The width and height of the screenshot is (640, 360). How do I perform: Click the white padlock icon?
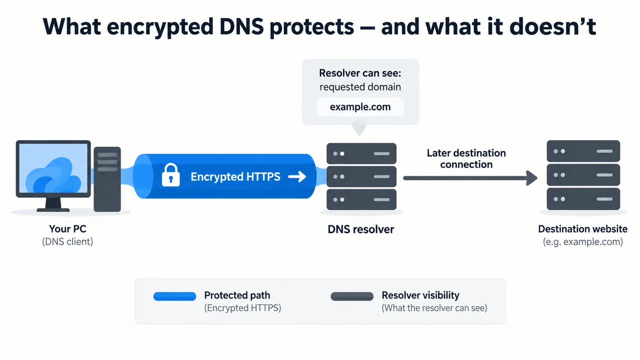[x=171, y=175]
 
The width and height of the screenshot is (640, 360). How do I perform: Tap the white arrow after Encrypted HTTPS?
[x=297, y=176]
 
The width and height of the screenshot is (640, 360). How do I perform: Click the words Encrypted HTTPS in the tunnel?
[x=235, y=176]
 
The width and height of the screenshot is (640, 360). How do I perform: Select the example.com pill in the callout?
[x=360, y=107]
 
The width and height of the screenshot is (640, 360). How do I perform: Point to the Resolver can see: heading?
[x=360, y=73]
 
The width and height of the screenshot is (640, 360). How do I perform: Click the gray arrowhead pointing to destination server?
[x=531, y=178]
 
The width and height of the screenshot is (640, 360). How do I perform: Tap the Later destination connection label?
[x=466, y=158]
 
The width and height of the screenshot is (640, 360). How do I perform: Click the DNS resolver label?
[x=361, y=229]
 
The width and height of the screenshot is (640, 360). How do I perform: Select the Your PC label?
[x=67, y=228]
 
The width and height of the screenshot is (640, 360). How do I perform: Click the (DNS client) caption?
[x=67, y=241]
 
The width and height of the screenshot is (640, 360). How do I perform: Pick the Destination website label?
[x=583, y=229]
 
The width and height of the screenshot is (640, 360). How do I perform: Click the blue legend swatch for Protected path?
[x=174, y=296]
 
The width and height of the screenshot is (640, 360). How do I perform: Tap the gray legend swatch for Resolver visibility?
[x=352, y=296]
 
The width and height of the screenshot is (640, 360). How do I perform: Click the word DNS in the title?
[x=241, y=26]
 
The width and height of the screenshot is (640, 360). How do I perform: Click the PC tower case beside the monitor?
[x=107, y=179]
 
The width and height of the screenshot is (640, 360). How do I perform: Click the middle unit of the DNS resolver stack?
[x=361, y=176]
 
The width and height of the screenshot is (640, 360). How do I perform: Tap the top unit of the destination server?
[x=583, y=151]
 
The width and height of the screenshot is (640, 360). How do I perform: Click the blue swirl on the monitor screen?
[x=53, y=176]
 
